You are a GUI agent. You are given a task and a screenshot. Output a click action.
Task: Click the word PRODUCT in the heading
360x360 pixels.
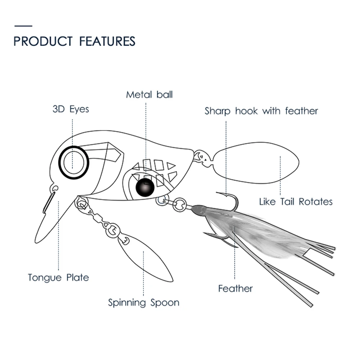(x=43, y=41)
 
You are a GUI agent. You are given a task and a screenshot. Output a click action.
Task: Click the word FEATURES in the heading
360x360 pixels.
(x=107, y=41)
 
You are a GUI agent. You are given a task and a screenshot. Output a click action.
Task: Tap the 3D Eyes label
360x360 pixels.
(x=70, y=109)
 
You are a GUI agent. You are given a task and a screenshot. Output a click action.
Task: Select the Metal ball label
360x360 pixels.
(x=149, y=95)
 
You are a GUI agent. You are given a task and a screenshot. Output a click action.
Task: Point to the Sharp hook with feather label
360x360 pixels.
(x=261, y=111)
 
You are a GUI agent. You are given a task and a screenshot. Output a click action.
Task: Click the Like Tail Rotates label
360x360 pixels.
(x=296, y=201)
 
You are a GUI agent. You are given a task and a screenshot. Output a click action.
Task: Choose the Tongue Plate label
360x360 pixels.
(x=58, y=277)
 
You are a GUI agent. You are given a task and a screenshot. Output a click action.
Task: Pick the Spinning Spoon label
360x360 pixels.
(x=143, y=302)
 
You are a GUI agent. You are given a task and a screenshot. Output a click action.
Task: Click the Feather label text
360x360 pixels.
(x=236, y=288)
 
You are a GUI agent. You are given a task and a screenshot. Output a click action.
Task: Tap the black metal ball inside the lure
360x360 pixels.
(x=145, y=186)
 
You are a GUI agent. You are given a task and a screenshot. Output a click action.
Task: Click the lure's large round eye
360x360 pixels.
(x=74, y=163)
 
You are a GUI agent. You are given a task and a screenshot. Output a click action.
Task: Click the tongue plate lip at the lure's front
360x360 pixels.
(x=49, y=223)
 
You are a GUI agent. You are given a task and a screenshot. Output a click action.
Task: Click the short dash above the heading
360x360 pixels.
(x=23, y=26)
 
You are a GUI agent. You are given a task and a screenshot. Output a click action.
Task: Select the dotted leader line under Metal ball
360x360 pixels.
(x=146, y=129)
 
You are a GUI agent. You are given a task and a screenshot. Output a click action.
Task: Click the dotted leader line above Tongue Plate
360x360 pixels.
(x=58, y=237)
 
